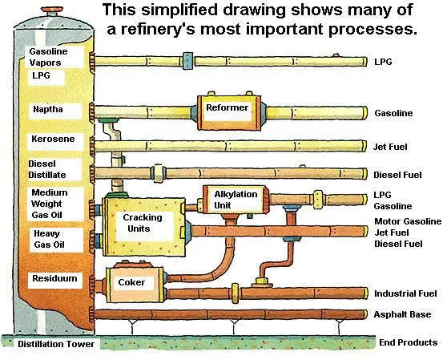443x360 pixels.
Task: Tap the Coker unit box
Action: (x=131, y=282)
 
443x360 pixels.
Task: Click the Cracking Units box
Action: (x=142, y=223)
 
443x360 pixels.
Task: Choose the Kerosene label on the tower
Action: (x=53, y=139)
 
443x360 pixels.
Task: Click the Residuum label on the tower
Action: (x=53, y=278)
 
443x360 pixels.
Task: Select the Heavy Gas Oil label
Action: (x=49, y=238)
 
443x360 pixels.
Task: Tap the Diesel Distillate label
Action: (x=47, y=169)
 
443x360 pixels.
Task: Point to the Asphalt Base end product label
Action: (x=405, y=314)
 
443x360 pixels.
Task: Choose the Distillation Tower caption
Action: (x=56, y=344)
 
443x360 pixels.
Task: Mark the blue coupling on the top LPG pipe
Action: (x=187, y=60)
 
